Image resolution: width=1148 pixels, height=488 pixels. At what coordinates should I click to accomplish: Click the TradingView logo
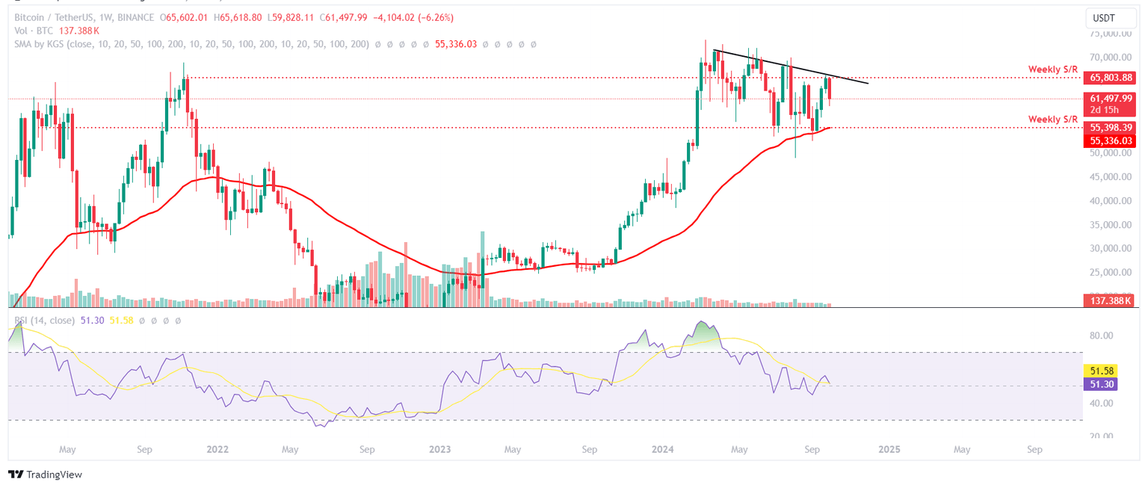(45, 475)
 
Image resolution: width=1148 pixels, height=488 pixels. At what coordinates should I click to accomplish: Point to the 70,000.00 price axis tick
(1109, 58)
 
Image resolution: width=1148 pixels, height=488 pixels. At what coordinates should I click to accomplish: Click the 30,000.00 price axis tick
(1109, 248)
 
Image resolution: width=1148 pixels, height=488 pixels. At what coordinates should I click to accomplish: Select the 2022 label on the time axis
(217, 450)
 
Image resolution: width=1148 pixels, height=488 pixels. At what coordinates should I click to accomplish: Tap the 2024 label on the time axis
(663, 450)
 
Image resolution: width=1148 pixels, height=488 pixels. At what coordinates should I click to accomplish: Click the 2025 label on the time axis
(889, 450)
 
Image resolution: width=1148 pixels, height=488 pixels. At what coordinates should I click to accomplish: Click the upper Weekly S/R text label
(1052, 70)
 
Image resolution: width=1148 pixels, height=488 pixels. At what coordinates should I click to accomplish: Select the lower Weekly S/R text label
(1052, 120)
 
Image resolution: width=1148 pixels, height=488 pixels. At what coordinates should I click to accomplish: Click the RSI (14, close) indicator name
(45, 321)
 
